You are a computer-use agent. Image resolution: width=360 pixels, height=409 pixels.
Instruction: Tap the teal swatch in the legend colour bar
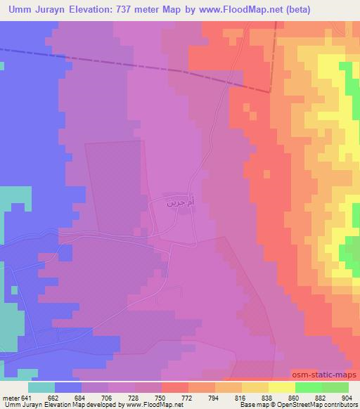coord(41,387)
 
